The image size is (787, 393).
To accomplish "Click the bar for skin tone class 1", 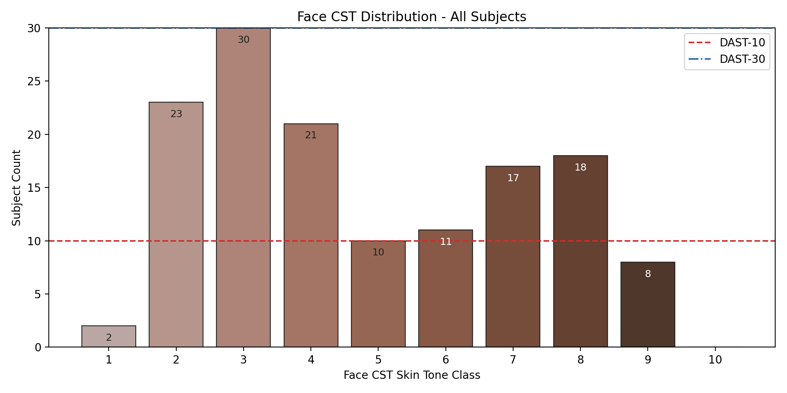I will point(109,336).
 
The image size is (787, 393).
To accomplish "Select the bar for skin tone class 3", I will point(243,189).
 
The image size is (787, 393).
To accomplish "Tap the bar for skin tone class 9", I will point(648,305).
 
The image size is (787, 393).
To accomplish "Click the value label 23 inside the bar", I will point(176,114).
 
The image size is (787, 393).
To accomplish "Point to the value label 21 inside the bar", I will point(311,135).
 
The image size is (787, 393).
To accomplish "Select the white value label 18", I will point(580,167).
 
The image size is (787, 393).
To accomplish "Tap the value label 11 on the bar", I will point(445,242).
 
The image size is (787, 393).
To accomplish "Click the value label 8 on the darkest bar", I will point(648,274).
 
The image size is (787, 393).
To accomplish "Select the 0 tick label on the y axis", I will point(38,347).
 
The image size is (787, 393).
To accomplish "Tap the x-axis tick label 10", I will point(715,360).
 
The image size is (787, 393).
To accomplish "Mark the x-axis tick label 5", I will point(378,360).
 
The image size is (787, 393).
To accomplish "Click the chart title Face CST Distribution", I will point(412,17).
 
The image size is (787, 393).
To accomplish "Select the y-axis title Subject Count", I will point(17,188).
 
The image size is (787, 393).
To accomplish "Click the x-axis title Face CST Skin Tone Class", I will point(412,375).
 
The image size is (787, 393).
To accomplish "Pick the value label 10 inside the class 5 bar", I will point(378,252).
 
